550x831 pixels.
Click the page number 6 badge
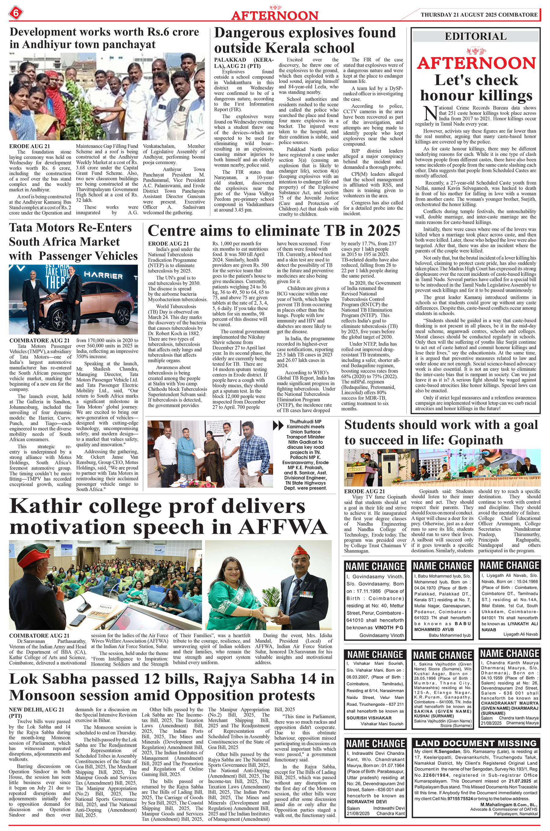(x=16, y=14)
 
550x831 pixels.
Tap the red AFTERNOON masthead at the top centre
(x=275, y=15)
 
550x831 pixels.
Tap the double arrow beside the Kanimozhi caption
(x=278, y=426)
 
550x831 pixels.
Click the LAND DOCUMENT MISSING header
(x=476, y=743)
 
